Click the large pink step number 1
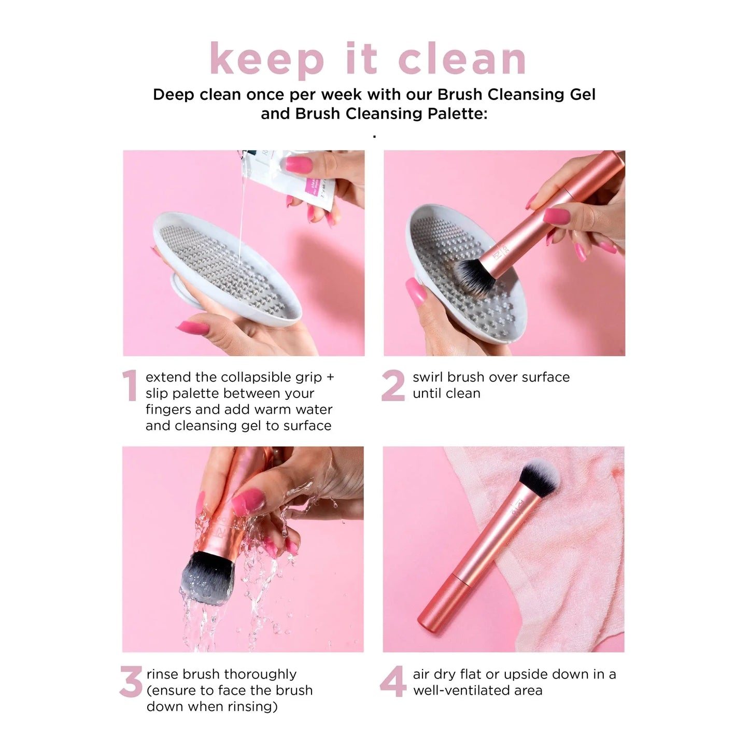tap(130, 386)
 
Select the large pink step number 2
tap(393, 386)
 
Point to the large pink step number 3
tap(131, 682)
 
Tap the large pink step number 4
tap(393, 682)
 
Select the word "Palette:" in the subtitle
tap(458, 114)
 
